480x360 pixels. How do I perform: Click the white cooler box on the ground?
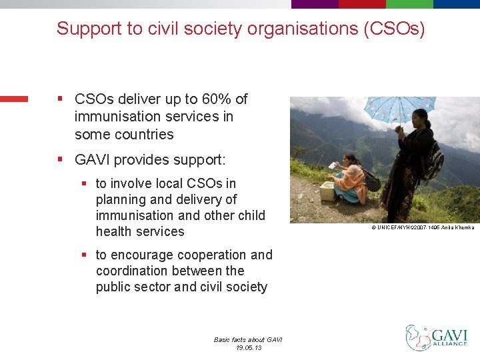coord(327,191)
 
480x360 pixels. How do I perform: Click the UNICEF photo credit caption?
coord(423,227)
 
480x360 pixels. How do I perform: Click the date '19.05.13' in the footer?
coord(248,348)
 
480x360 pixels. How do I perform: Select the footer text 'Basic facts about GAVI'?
coord(248,339)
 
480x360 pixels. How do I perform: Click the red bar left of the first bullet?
coord(14,99)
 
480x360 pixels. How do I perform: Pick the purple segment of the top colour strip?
coord(315,3)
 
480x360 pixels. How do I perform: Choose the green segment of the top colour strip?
coord(457,3)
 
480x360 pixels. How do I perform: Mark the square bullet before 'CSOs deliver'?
coord(60,99)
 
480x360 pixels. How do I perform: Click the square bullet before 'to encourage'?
coord(84,255)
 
